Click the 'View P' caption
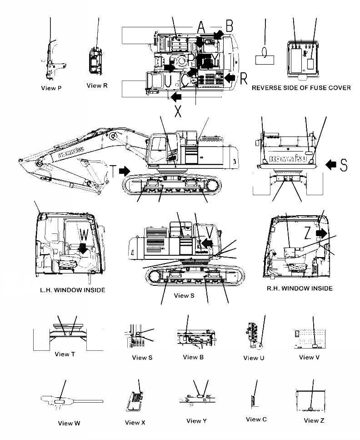[x=50, y=88]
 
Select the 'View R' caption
[x=97, y=85]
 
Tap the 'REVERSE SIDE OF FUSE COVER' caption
[x=301, y=88]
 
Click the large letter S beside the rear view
[x=343, y=165]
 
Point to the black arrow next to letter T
[x=124, y=171]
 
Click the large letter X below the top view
[x=178, y=111]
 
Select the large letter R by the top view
[x=244, y=78]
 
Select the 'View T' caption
[x=62, y=354]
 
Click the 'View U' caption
[x=254, y=358]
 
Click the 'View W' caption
[x=69, y=423]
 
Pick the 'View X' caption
[x=135, y=423]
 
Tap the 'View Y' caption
[x=196, y=421]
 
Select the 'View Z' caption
[x=314, y=420]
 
